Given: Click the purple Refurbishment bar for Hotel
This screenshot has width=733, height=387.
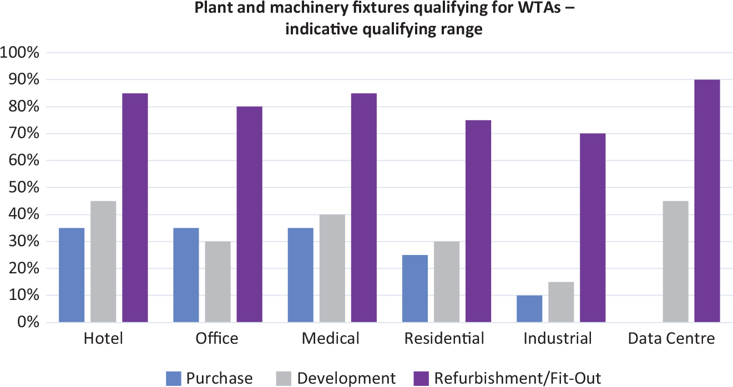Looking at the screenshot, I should click(135, 208).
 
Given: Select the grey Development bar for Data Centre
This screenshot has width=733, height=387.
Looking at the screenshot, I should click(675, 262).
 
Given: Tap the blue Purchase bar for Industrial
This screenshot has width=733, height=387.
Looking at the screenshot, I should click(529, 309).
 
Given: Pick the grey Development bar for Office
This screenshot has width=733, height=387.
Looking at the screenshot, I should click(218, 282).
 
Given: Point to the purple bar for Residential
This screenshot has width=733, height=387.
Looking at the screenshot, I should click(478, 221).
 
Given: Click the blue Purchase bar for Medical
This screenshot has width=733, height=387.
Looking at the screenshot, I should click(300, 275).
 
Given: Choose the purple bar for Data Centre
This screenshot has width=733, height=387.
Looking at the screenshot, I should click(707, 201).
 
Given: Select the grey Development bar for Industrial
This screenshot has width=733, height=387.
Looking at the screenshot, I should click(561, 302).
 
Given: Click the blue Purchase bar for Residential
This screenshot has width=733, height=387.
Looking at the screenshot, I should click(414, 288).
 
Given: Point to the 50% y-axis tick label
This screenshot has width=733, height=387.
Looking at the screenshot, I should click(23, 188).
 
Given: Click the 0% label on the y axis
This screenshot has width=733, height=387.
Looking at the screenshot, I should click(27, 323).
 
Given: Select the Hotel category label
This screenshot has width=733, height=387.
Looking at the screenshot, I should click(103, 338).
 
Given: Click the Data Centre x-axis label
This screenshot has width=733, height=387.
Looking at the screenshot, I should click(671, 338).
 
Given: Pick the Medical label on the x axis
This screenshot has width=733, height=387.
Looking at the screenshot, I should click(331, 338).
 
